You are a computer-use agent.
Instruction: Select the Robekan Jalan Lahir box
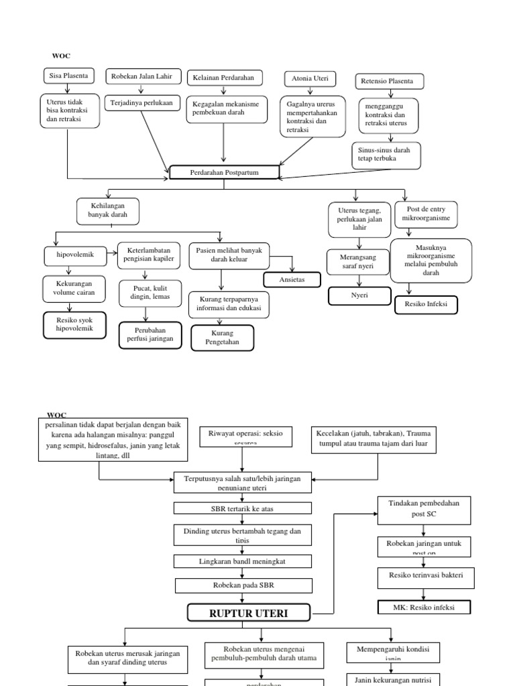click(x=142, y=77)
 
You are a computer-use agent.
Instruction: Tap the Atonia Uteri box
click(x=309, y=79)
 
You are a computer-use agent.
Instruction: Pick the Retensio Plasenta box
click(x=388, y=82)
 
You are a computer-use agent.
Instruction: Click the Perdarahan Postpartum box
click(x=223, y=173)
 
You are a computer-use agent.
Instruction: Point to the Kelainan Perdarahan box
click(x=224, y=78)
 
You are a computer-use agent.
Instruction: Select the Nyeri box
click(x=359, y=295)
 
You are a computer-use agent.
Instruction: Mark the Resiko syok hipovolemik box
click(x=74, y=324)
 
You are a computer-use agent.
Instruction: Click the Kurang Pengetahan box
click(x=222, y=338)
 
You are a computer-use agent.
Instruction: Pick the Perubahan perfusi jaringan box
click(x=150, y=335)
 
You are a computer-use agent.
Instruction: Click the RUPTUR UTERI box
click(x=249, y=612)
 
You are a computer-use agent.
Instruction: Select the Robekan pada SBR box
click(x=234, y=586)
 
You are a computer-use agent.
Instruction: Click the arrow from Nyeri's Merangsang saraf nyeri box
click(x=358, y=279)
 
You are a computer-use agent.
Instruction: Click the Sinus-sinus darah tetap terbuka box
click(x=386, y=155)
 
